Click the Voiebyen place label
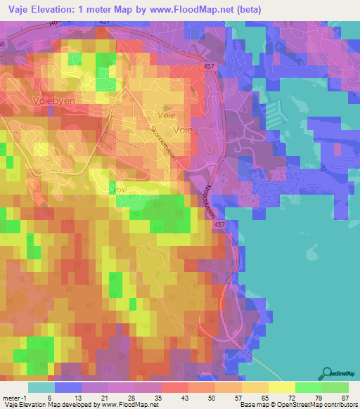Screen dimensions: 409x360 (x=34, y=100)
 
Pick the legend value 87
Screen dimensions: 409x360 (x=345, y=398)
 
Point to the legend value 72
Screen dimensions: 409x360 (x=295, y=398)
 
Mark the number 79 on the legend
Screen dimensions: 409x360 (x=320, y=398)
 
